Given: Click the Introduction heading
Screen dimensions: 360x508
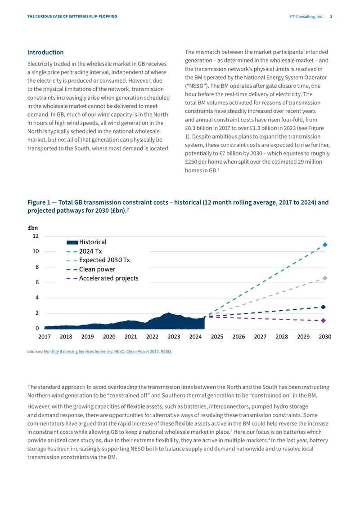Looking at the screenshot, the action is (45, 52).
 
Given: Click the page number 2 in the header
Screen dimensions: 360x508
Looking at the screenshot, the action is (331, 17).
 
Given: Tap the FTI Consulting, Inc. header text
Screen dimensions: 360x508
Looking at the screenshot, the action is (306, 17).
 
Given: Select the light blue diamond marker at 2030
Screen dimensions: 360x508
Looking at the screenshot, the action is (325, 245).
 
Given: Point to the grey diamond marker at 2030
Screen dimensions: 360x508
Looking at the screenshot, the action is (325, 278).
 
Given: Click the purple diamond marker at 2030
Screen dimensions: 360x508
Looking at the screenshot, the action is (324, 321).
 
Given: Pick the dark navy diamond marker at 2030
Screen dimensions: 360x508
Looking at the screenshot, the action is (324, 307).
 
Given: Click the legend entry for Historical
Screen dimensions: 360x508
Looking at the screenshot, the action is (86, 242).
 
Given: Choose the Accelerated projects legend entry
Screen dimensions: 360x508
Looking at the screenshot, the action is (103, 278).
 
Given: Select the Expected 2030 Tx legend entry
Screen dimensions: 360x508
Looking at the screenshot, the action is (98, 260).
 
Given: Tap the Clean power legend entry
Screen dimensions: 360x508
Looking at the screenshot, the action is (91, 269).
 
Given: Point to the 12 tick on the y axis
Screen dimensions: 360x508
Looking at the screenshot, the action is (36, 236).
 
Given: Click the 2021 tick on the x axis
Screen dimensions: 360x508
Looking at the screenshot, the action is (130, 337).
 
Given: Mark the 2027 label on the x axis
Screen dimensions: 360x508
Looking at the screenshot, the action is (260, 337).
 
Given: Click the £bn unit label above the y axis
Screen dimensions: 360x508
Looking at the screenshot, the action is (33, 228).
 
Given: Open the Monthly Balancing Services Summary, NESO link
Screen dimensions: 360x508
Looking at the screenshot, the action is (84, 352).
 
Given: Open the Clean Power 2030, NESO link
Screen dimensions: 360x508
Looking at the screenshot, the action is (148, 352).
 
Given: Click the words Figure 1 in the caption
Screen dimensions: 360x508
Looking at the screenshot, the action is (39, 202).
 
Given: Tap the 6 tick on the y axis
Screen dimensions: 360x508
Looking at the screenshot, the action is (37, 282).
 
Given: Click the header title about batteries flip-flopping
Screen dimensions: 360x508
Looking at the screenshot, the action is (72, 17).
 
